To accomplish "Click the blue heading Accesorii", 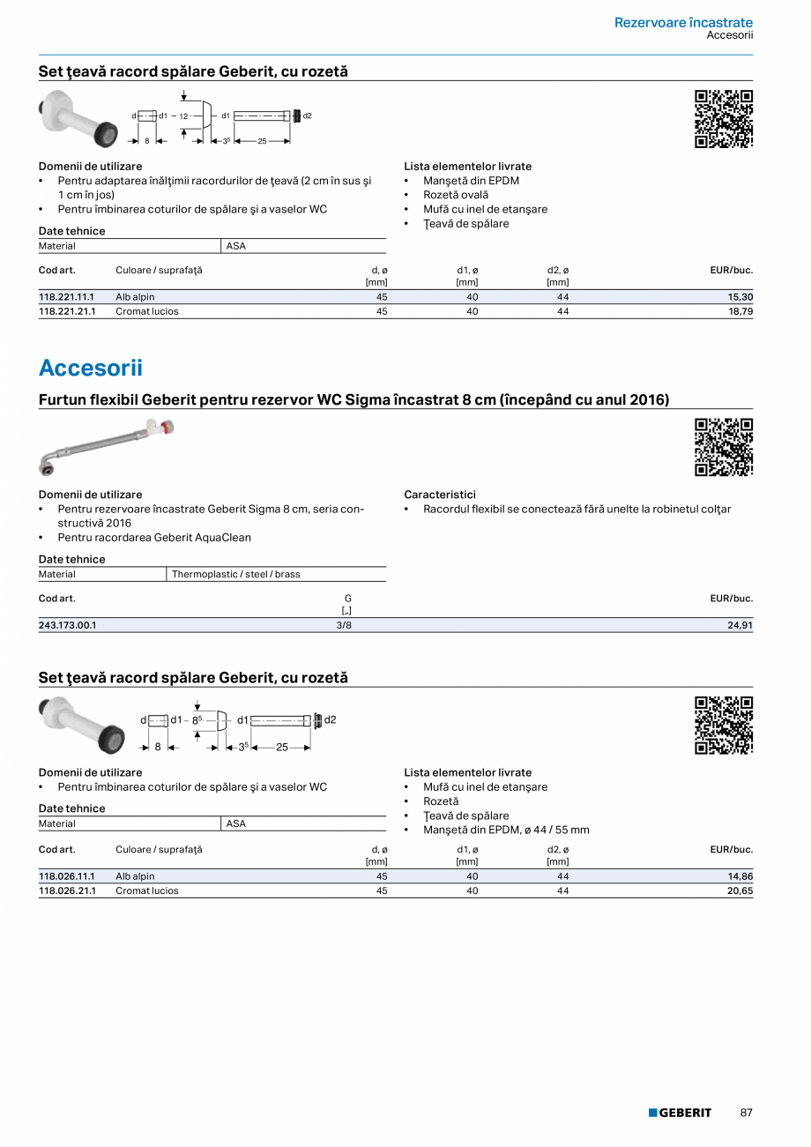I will pyautogui.click(x=90, y=368).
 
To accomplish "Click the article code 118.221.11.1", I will pyautogui.click(x=66, y=297).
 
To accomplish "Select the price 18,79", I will pyautogui.click(x=739, y=311).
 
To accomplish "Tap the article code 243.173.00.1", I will pyautogui.click(x=67, y=625).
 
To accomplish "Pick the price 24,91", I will pyautogui.click(x=739, y=625).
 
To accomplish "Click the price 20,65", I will pyautogui.click(x=739, y=890).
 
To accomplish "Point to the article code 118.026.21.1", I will pyautogui.click(x=66, y=890).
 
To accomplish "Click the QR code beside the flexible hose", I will pyautogui.click(x=724, y=447).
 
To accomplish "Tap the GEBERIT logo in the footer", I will pyautogui.click(x=680, y=1113).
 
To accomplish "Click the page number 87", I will pyautogui.click(x=746, y=1113).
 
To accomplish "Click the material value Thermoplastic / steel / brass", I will pyautogui.click(x=235, y=574).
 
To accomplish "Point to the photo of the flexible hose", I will pyautogui.click(x=107, y=446).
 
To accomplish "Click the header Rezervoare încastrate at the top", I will pyautogui.click(x=683, y=23).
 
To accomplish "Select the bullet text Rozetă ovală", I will pyautogui.click(x=455, y=195).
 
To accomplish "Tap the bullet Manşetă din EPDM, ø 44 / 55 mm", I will pyautogui.click(x=506, y=830).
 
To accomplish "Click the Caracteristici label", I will pyautogui.click(x=439, y=495).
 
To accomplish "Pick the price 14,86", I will pyautogui.click(x=739, y=876).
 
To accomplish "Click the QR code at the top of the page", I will pyautogui.click(x=724, y=119).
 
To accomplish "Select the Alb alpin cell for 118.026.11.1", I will pyautogui.click(x=135, y=876).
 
